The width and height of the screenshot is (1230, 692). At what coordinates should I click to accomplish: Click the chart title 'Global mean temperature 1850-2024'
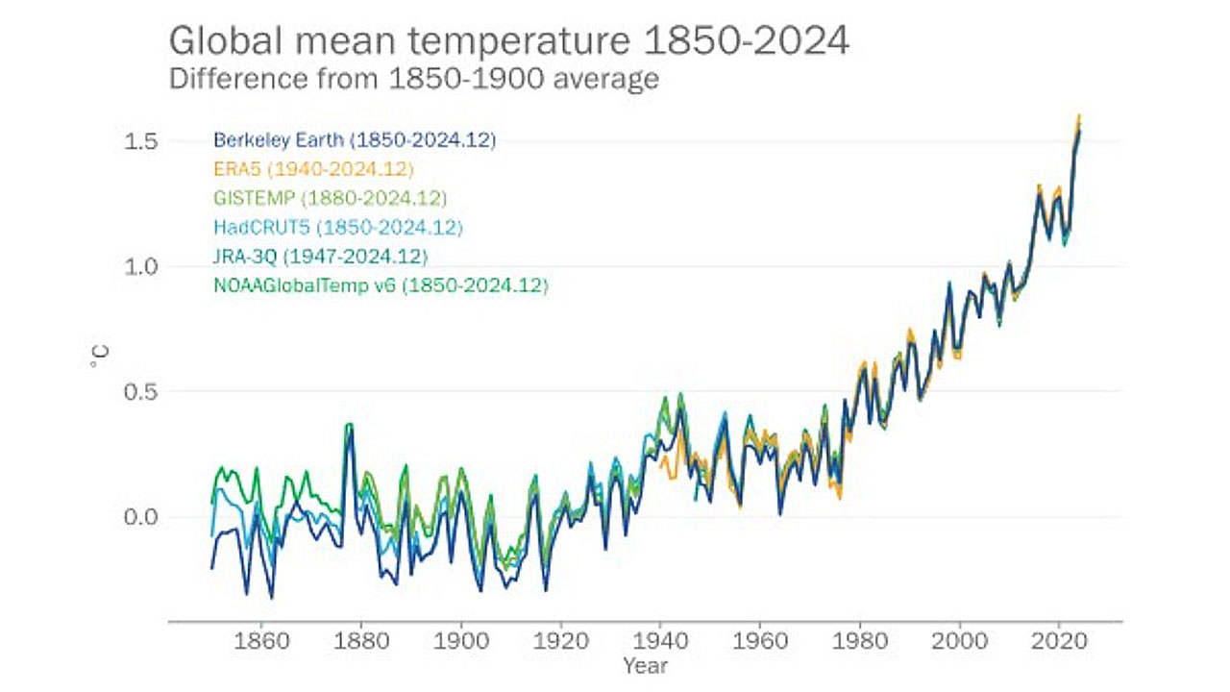509,42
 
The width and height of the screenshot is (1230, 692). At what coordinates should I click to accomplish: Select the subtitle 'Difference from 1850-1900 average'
414,78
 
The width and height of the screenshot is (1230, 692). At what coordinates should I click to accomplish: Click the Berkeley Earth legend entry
355,140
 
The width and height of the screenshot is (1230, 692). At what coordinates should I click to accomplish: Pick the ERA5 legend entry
313,170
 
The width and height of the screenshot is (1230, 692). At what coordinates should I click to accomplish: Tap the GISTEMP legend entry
330,199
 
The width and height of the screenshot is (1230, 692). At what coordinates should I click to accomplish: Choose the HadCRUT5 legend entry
338,228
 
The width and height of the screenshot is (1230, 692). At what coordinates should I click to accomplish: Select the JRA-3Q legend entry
320,257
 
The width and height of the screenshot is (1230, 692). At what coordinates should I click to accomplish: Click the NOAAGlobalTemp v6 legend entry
381,285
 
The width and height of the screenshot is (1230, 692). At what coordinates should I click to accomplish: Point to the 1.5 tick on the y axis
141,141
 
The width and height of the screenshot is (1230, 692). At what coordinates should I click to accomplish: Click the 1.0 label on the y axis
141,266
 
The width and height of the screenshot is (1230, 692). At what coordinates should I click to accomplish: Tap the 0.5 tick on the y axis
141,392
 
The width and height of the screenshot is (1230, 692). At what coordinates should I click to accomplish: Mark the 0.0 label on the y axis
141,517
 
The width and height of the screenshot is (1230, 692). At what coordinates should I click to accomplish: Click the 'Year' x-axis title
644,665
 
